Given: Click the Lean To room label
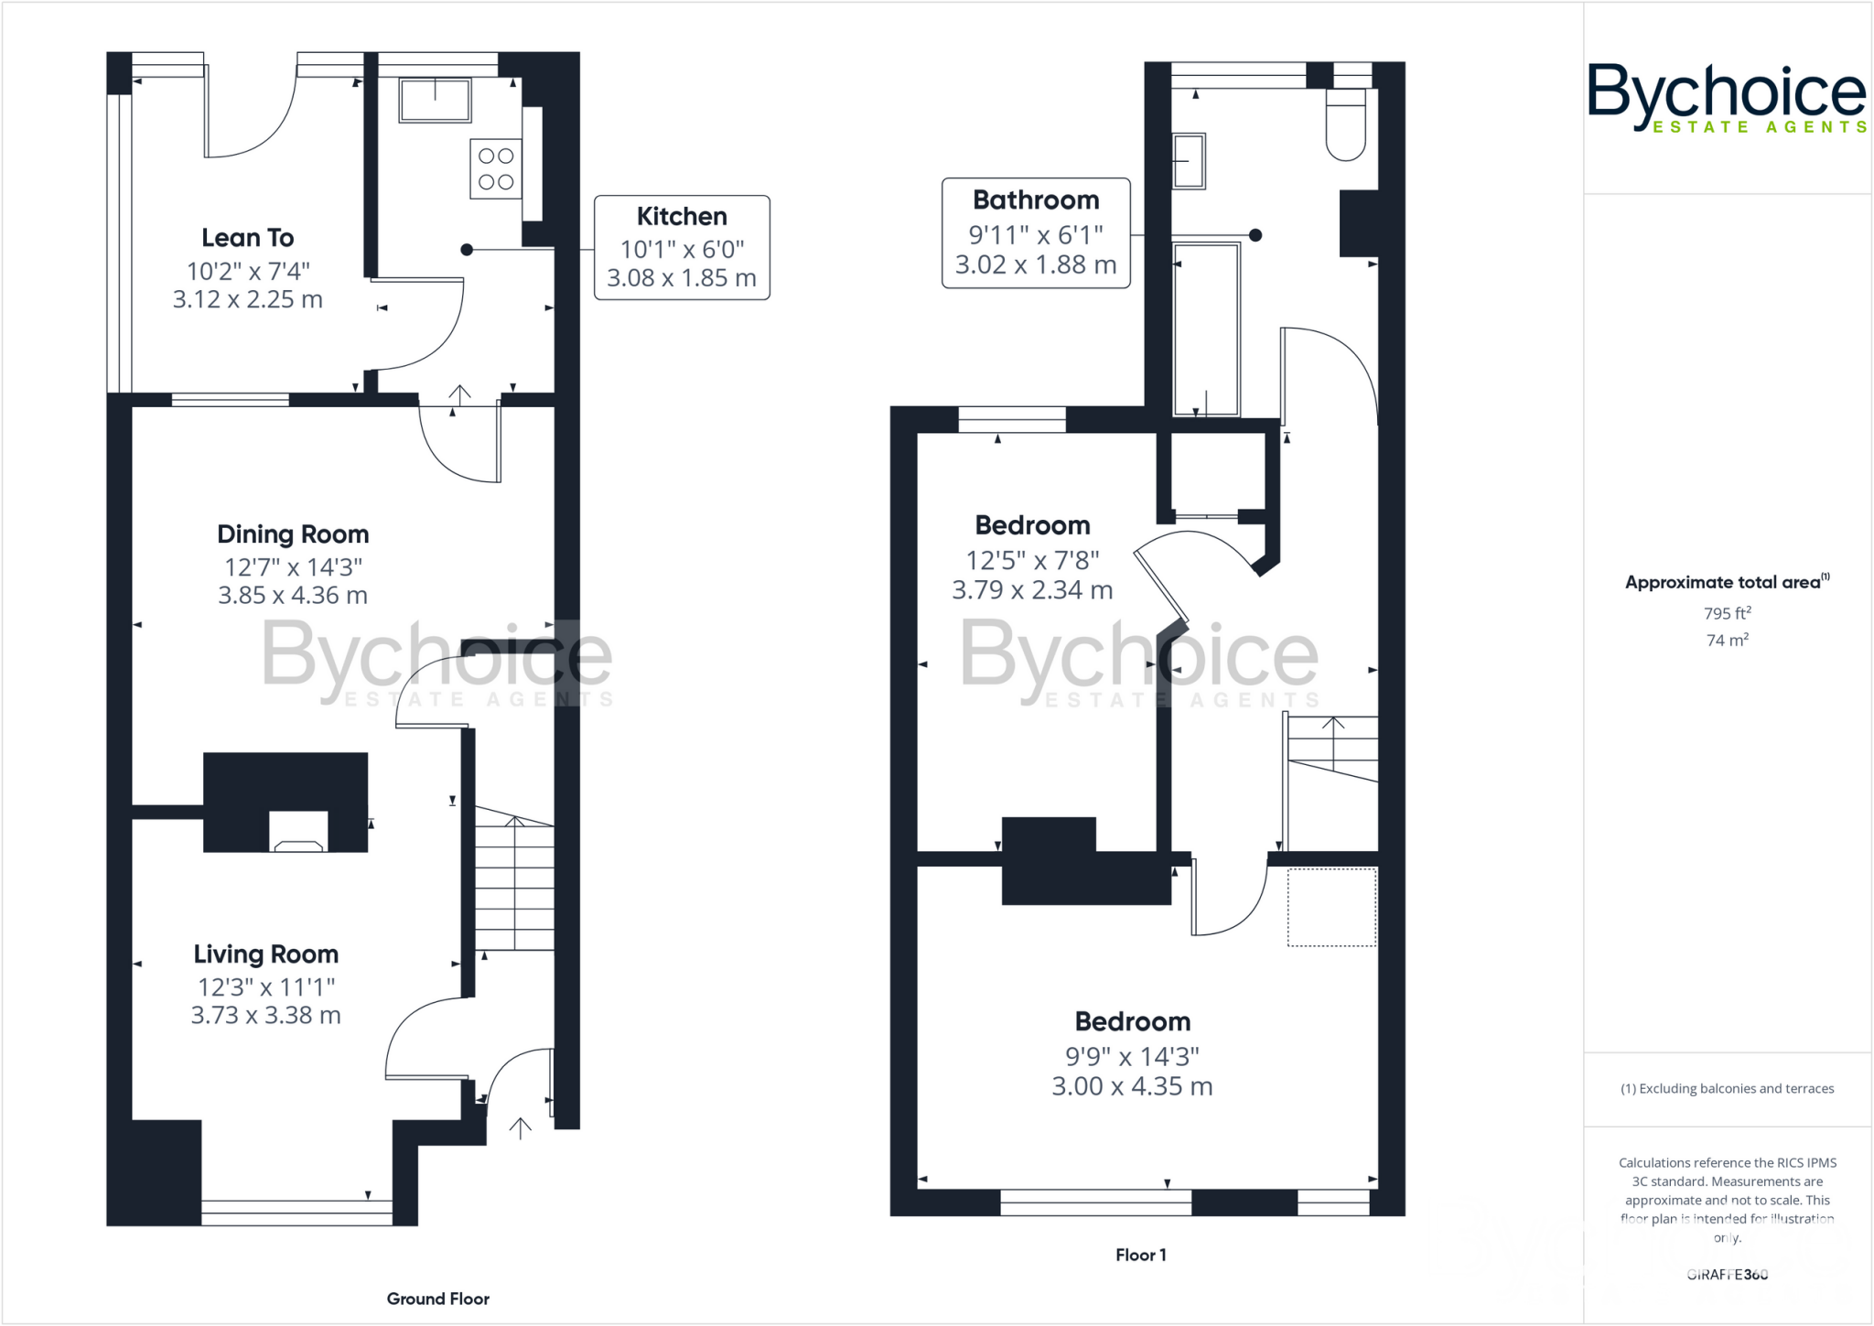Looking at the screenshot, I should (247, 238).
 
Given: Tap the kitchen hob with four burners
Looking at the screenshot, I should (496, 169).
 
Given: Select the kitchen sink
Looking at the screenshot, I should (435, 100).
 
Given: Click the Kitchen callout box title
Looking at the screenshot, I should (682, 217).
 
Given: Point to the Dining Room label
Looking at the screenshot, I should (293, 534).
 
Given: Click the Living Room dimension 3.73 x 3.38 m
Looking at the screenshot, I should (265, 1016).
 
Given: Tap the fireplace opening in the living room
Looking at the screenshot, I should (298, 832).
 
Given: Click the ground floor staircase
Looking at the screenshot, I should (514, 883).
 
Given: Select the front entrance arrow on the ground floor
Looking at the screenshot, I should (520, 1128).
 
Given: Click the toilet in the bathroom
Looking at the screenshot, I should (1346, 124).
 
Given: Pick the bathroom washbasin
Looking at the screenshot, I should (1189, 161).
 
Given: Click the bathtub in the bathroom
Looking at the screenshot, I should (1206, 329).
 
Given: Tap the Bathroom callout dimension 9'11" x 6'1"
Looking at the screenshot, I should (1036, 235).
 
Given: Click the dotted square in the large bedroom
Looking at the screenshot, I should (1331, 907).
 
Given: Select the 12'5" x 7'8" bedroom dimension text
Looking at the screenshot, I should (1032, 560).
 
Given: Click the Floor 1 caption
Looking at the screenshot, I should (1140, 1256).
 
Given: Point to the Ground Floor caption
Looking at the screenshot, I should (437, 1299).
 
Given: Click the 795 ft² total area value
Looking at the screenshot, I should (1727, 613).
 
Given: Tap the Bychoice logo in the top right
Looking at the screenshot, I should (1726, 97).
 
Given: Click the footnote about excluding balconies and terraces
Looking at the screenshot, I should (1727, 1089).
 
